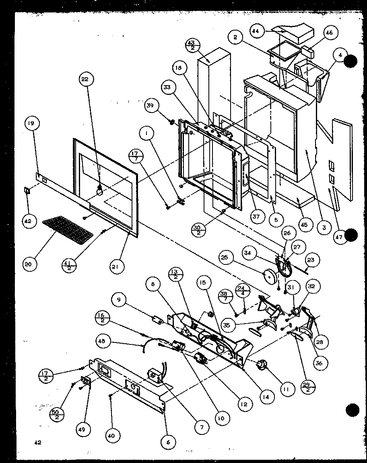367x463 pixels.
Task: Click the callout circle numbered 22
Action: [x=85, y=80]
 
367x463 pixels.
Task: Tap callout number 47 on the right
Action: [x=339, y=237]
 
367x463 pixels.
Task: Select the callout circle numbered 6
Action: [x=168, y=442]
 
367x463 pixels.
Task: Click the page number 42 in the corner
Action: [x=38, y=443]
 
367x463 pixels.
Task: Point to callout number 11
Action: [x=287, y=389]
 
